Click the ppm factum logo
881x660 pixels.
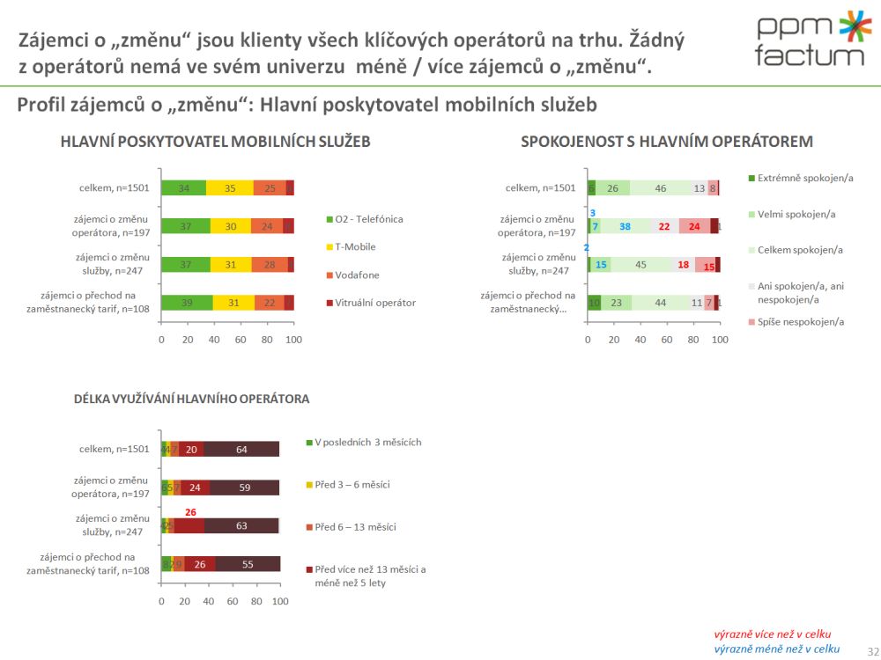point(811,40)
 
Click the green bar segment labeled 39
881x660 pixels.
point(187,303)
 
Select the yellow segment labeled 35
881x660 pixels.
point(230,187)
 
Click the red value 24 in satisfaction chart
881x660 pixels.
point(694,226)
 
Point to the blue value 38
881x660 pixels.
point(625,226)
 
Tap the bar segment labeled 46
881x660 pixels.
point(661,187)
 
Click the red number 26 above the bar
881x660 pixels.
point(189,511)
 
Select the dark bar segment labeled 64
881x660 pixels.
point(241,450)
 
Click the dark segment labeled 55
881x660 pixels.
point(248,564)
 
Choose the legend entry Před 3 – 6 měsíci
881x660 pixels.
point(352,485)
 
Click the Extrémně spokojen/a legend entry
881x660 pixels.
point(805,179)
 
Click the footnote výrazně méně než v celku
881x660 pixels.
point(776,649)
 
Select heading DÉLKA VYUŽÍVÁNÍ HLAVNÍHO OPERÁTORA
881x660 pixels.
point(191,399)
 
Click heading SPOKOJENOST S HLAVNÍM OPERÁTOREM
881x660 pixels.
point(666,141)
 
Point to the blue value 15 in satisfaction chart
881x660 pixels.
point(602,265)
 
